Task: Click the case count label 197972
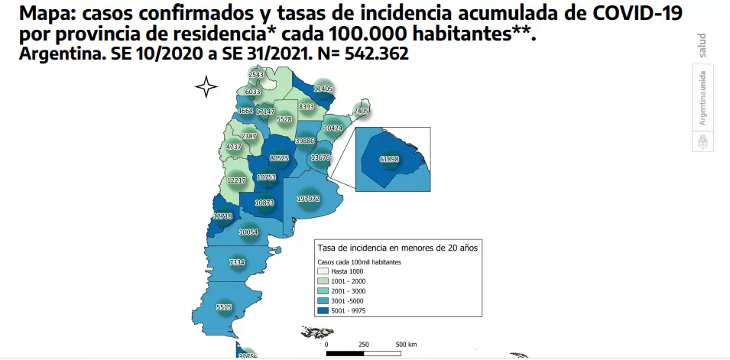pyautogui.click(x=309, y=199)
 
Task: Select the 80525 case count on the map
pyautogui.click(x=279, y=158)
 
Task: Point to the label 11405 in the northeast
pyautogui.click(x=323, y=89)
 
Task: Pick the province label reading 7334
pyautogui.click(x=237, y=262)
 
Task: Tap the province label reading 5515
pyautogui.click(x=224, y=307)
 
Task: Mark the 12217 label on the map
pyautogui.click(x=235, y=180)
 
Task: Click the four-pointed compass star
pyautogui.click(x=206, y=87)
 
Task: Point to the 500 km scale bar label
pyautogui.click(x=405, y=345)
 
